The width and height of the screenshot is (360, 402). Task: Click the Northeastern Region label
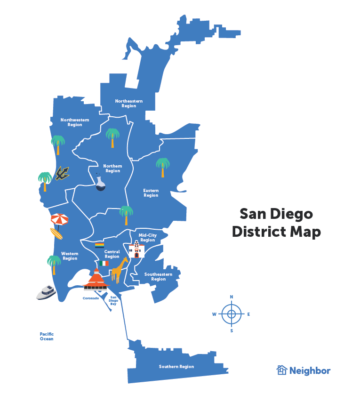pos(128,104)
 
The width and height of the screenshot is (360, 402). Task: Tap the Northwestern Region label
pos(75,122)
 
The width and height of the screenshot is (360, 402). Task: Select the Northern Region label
pos(113,169)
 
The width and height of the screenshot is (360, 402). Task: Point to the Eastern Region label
pos(151,193)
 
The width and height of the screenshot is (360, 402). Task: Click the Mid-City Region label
pos(147,238)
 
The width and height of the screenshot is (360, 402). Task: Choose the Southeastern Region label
pos(158,277)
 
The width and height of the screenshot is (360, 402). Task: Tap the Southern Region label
pos(176,367)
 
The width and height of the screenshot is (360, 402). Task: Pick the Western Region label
pos(70,256)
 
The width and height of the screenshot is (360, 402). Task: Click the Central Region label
pos(112,254)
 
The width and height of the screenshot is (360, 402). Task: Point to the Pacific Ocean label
pos(47,337)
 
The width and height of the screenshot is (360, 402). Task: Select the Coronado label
pos(91,298)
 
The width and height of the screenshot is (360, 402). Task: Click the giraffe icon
pos(120,270)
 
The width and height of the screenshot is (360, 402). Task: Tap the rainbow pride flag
pos(99,245)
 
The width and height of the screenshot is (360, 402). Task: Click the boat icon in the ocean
pos(46,292)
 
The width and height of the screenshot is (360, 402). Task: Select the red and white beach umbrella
pos(60,219)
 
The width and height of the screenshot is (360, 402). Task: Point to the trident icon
pos(62,173)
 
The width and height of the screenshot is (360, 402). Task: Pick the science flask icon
pos(100,183)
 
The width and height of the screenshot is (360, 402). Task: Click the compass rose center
pos(231,314)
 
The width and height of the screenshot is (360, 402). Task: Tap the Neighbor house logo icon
pos(282,370)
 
